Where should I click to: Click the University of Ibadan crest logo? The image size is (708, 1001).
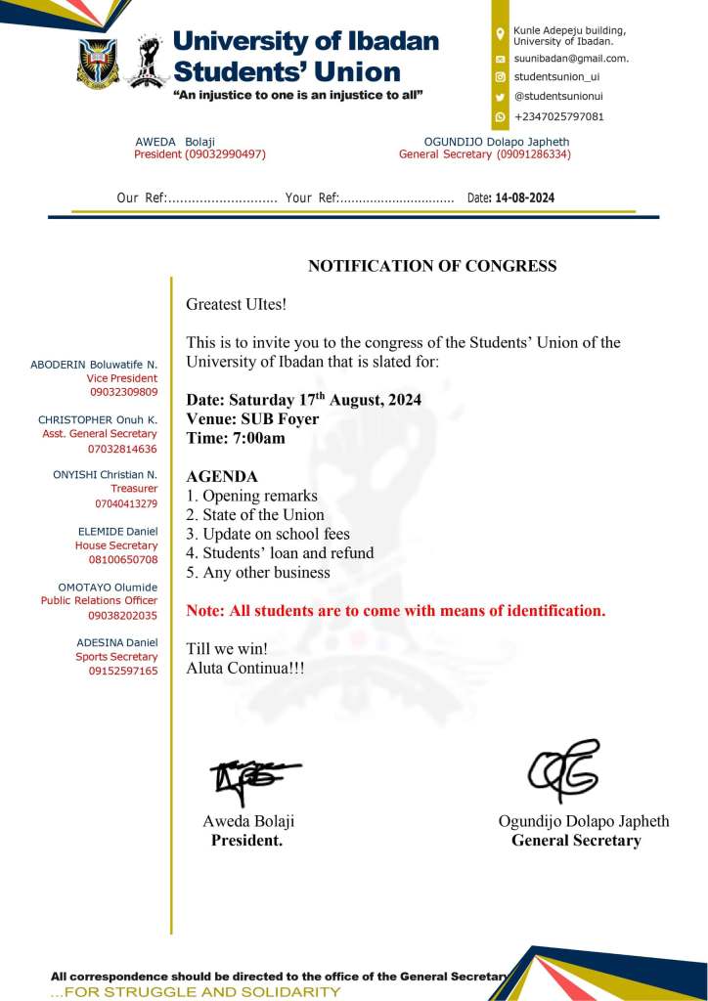coord(98,64)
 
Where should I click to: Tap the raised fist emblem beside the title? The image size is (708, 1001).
coord(147,61)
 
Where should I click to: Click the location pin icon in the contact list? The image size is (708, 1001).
coord(501,35)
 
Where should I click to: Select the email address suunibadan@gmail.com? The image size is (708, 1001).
coord(571,59)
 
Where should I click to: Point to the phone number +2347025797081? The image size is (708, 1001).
coord(558,116)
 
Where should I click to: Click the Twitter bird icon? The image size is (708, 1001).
coord(501,97)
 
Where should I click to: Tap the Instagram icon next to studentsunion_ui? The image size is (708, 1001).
coord(501,77)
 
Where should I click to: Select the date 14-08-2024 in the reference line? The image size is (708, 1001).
coord(524,197)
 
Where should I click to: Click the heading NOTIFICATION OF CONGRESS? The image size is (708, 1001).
coord(432,266)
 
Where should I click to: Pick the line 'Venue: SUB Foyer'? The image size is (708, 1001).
coord(252,419)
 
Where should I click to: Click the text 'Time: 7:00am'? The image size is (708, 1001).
coord(236,438)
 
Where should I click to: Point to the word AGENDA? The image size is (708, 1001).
coord(222,477)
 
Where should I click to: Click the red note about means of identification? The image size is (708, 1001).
coord(395,611)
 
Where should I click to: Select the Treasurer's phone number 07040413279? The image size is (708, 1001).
coord(126,504)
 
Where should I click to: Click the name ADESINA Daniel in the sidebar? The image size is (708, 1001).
coord(116,642)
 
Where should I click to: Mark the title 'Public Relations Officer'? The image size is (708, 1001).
coord(99,601)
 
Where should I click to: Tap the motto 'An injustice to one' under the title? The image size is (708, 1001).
coord(297,95)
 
